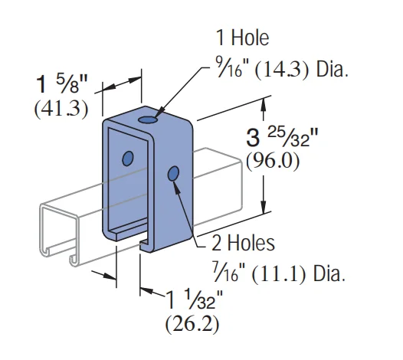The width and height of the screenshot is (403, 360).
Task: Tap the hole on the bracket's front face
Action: coord(128,159)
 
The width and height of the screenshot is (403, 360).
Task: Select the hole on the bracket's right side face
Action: coord(174,173)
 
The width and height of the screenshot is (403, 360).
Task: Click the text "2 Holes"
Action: coord(242,244)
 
